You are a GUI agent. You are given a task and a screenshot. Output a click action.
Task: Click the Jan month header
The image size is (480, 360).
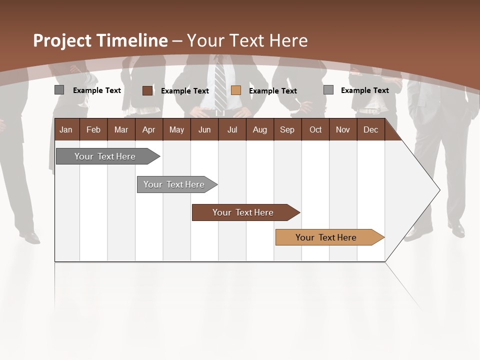[x=66, y=129]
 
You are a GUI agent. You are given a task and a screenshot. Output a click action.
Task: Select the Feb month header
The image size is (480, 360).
[x=93, y=129]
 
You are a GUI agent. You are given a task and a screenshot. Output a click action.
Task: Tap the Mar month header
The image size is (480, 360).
[x=121, y=129]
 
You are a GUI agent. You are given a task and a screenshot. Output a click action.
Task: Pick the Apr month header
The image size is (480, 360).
[x=148, y=129]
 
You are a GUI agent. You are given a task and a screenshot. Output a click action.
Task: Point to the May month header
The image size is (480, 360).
[x=176, y=129]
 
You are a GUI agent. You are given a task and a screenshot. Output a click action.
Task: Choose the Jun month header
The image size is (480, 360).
[x=204, y=129]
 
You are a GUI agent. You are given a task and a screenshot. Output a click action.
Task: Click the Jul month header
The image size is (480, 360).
[x=232, y=129]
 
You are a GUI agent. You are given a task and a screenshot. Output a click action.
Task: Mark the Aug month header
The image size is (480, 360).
[x=259, y=129]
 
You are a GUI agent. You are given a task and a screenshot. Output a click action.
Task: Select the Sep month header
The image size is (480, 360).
[x=287, y=129]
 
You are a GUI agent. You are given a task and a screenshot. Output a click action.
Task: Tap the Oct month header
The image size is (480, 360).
[x=315, y=129]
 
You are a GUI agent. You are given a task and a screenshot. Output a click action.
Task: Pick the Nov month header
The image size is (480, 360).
[x=343, y=129]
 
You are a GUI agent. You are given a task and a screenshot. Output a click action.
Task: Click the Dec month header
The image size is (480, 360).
[x=370, y=129]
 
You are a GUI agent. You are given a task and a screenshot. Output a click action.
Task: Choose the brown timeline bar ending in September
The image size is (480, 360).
[x=243, y=212]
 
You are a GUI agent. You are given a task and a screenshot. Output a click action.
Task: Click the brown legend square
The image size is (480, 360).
[x=147, y=90]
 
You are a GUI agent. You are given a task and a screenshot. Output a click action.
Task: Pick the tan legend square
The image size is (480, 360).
[x=236, y=90]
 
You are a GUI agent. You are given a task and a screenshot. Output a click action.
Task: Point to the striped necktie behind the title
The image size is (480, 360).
[x=220, y=85]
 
